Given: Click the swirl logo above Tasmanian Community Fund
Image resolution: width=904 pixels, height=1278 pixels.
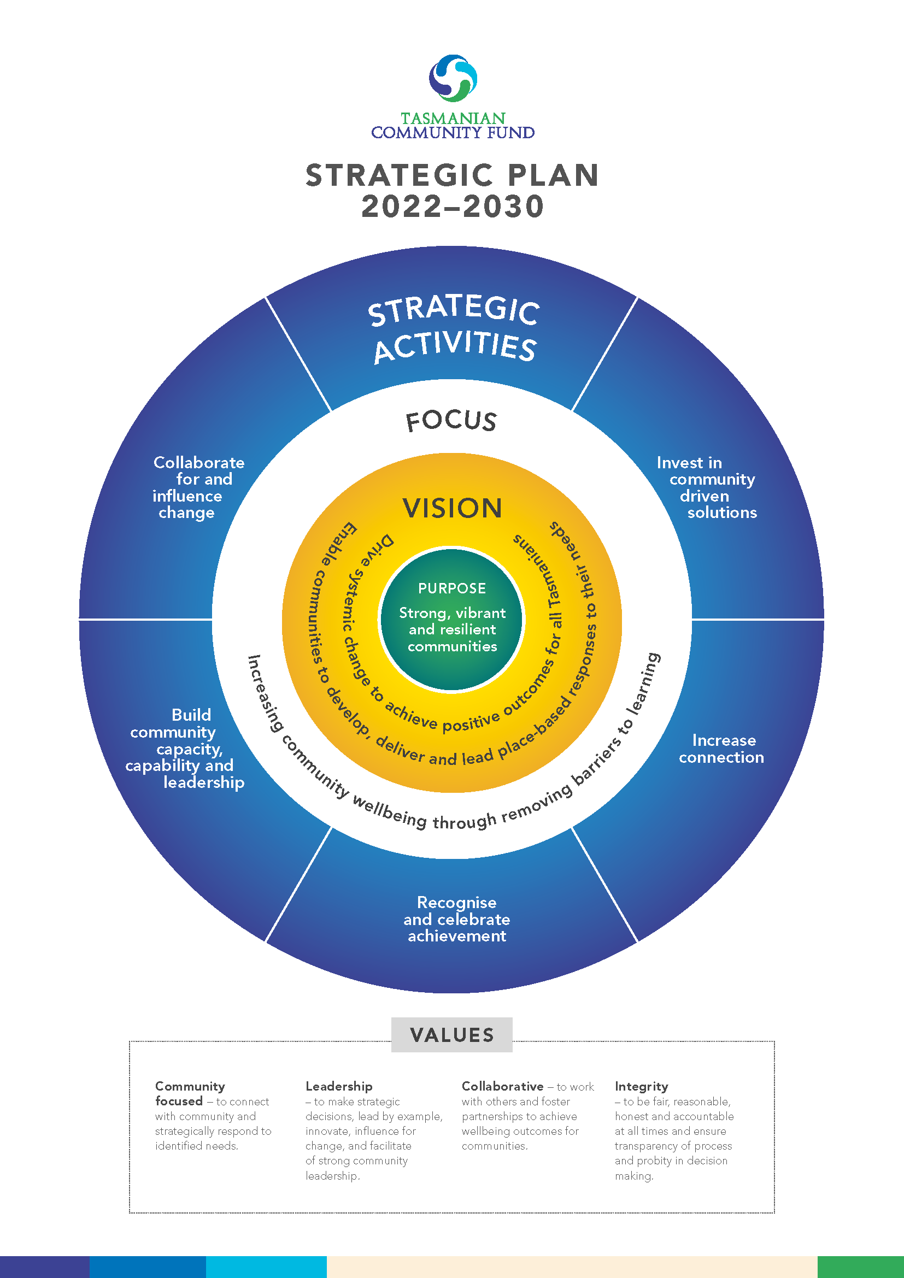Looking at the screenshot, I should (453, 79).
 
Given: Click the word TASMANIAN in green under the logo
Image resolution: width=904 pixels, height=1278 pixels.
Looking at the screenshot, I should (453, 119).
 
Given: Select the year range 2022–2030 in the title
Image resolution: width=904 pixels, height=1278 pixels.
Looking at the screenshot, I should (453, 207).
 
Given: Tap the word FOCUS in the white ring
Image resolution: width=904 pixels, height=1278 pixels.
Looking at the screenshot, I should (451, 421).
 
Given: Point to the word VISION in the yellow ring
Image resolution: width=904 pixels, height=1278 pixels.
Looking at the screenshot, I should (452, 508).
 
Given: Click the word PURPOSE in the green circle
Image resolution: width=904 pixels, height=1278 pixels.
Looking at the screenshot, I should (452, 588).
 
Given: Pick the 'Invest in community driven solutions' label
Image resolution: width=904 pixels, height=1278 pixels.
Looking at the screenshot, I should (706, 487).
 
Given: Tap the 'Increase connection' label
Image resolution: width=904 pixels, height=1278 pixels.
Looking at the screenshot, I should (721, 749).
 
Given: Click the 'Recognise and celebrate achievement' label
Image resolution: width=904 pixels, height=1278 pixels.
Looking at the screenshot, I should (456, 919).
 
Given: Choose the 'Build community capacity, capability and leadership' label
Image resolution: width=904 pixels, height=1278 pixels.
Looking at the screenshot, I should (185, 749).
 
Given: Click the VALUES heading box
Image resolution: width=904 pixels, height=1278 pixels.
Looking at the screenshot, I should (451, 1035).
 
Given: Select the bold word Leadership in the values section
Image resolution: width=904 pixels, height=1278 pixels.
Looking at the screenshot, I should (338, 1086).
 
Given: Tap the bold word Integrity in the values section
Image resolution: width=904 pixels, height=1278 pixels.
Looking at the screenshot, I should (641, 1086).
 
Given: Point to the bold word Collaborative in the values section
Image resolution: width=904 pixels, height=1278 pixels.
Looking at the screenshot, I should (502, 1086).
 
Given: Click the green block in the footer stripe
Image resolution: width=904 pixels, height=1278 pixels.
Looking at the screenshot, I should (860, 1267).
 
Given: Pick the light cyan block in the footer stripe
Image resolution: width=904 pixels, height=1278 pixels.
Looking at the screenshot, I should (266, 1267).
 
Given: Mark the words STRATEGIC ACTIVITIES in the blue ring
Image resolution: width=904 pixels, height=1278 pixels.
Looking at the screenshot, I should (454, 329).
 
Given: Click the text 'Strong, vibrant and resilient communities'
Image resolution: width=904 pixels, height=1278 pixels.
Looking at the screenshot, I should (452, 629).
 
